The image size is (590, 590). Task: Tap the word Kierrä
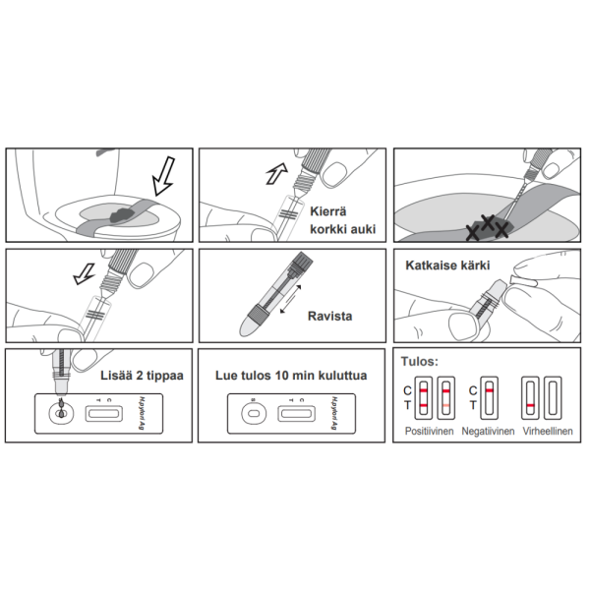click(x=329, y=210)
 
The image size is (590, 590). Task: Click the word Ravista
click(x=329, y=317)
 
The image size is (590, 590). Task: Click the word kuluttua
click(x=335, y=375)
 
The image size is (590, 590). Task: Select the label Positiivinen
click(x=430, y=432)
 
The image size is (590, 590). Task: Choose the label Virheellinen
click(x=548, y=432)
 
